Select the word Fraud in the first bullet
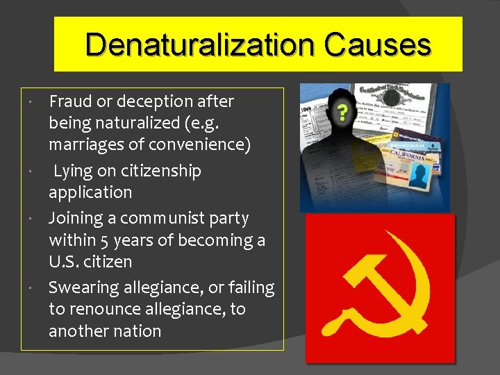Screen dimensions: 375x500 71,101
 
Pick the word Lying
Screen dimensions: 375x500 76,171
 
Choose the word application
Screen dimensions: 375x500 90,192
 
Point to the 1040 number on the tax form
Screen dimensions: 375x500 307,110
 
